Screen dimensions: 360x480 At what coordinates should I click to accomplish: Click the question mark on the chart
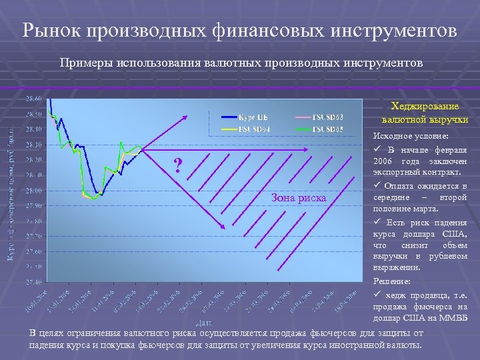pyautogui.click(x=177, y=165)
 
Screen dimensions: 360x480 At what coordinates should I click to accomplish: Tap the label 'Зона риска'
pyautogui.click(x=299, y=197)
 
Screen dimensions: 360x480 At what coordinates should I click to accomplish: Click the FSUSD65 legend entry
pyautogui.click(x=327, y=129)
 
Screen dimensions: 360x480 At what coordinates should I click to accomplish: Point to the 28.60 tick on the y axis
pyautogui.click(x=34, y=99)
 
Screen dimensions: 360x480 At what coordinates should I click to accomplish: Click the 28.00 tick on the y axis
pyautogui.click(x=34, y=191)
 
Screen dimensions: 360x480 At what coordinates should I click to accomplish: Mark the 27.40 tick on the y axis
pyautogui.click(x=34, y=282)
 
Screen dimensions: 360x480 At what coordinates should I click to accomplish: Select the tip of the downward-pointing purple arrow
pyautogui.click(x=225, y=230)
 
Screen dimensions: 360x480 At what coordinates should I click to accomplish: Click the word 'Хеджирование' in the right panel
pyautogui.click(x=425, y=107)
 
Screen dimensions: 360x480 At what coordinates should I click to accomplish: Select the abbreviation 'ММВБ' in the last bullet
pyautogui.click(x=455, y=319)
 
